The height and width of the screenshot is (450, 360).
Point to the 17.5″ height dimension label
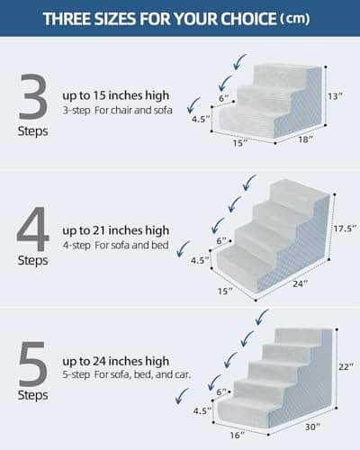(342, 228)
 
